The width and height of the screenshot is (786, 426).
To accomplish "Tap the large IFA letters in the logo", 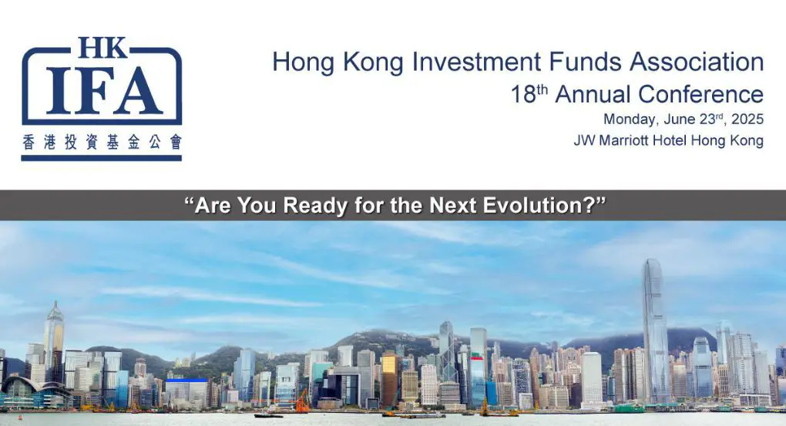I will pyautogui.click(x=101, y=90).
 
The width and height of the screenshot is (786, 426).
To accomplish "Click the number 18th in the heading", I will pyautogui.click(x=529, y=94).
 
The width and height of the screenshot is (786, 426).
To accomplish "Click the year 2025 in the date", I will pyautogui.click(x=747, y=119).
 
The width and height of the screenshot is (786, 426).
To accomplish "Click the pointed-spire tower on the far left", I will pyautogui.click(x=53, y=339).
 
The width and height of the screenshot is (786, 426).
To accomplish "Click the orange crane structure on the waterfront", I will pyautogui.click(x=301, y=401).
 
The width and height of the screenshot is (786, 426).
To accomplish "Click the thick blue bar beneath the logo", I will pyautogui.click(x=101, y=158).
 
